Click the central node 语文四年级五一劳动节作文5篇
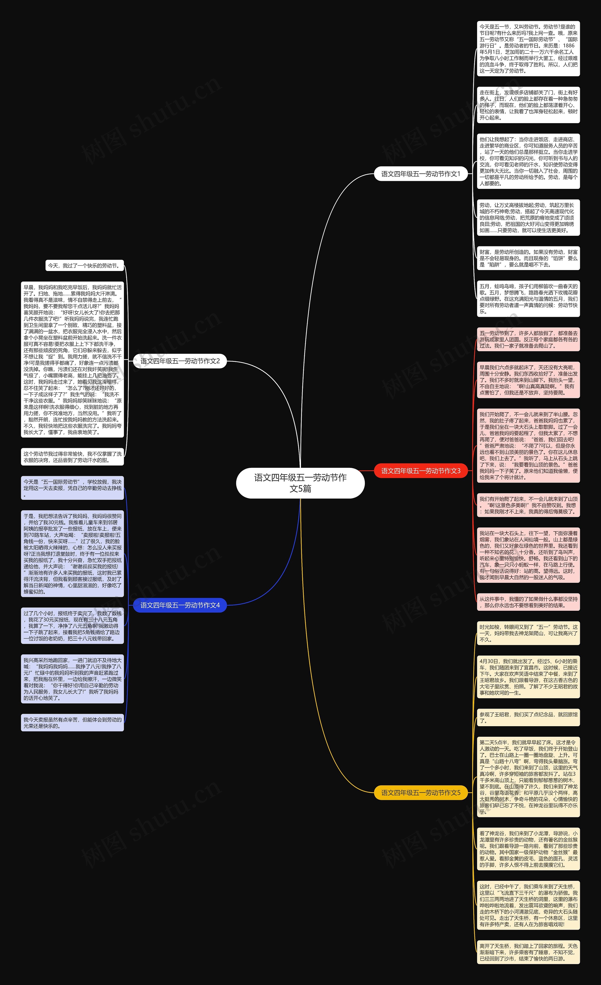300,483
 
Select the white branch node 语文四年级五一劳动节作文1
421,174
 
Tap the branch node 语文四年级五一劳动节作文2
180,361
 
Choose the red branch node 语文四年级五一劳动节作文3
421,471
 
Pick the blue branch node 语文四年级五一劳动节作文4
180,605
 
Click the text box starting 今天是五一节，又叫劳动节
528,49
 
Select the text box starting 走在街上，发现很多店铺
528,105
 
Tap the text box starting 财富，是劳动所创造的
528,258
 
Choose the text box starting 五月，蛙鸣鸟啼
528,299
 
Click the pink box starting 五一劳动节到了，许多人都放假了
528,339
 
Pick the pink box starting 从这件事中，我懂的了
528,602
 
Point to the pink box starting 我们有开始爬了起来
528,505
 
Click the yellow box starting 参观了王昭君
528,718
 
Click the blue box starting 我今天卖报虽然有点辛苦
72,723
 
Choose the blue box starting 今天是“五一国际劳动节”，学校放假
72,488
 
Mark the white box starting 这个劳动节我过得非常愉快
72,457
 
